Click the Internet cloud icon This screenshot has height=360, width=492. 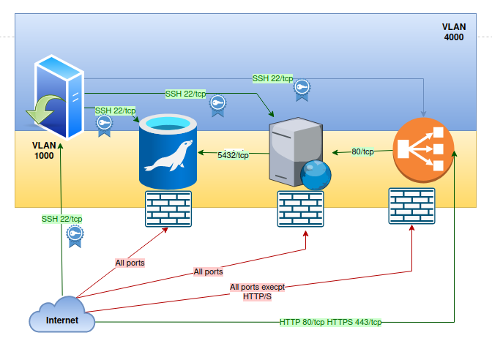click(x=62, y=317)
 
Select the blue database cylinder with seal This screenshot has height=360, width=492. click(x=168, y=151)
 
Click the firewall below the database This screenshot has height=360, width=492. click(x=168, y=209)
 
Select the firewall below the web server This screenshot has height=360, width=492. click(x=300, y=209)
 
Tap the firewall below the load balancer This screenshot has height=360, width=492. click(x=411, y=206)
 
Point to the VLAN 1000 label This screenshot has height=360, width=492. click(x=43, y=151)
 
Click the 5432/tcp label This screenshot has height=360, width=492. click(x=233, y=155)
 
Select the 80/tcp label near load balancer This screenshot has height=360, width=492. click(x=362, y=151)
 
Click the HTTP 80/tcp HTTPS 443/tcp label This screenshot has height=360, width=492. click(x=330, y=322)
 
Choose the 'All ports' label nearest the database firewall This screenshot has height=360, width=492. click(x=130, y=262)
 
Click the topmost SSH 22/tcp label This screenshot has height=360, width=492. click(x=272, y=78)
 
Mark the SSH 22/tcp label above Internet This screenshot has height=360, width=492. click(x=61, y=219)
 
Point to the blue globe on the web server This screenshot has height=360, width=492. click(x=316, y=175)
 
